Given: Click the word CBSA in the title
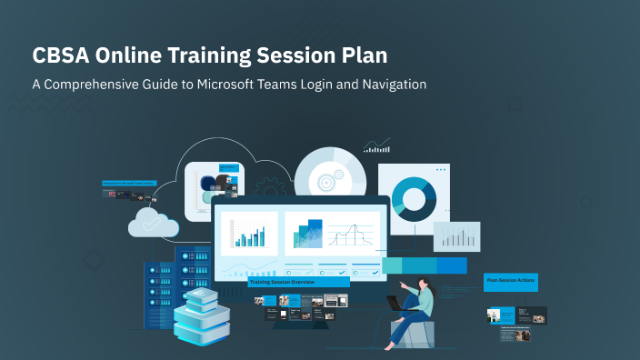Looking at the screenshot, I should (61, 55).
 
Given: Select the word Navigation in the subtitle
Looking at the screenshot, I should (389, 84).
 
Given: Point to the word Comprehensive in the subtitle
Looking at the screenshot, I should (95, 84).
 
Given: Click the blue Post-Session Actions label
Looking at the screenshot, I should (510, 281).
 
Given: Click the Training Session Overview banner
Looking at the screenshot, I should (298, 283).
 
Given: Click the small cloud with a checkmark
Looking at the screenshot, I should (152, 222).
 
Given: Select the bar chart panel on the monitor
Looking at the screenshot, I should (249, 235).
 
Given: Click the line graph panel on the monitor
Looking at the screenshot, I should (333, 235).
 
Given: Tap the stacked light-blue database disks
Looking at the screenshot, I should (202, 316).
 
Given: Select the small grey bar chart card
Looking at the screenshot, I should (455, 236).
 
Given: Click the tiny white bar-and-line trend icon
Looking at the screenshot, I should (376, 145).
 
